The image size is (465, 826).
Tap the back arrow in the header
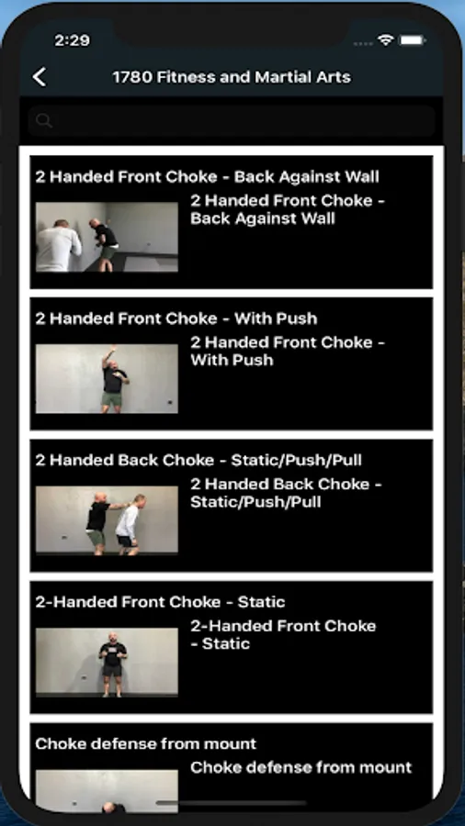40,77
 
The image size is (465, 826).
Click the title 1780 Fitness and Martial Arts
232,77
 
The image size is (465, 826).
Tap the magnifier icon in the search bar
44,121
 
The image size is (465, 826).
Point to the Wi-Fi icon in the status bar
387,40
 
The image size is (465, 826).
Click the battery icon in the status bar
413,40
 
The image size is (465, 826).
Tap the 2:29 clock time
73,40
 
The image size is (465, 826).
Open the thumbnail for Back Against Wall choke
107,237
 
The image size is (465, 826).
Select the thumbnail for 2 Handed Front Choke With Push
107,379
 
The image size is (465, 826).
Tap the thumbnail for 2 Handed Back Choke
107,520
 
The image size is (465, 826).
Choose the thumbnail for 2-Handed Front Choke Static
107,662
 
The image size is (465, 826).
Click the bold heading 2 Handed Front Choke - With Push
176,318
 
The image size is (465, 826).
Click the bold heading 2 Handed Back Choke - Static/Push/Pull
198,461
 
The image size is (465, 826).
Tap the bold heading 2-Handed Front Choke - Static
160,602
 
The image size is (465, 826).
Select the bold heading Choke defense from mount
146,743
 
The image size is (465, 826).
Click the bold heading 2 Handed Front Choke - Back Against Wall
207,177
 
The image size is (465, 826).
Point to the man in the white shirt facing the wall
59,246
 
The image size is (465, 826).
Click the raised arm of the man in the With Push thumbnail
108,356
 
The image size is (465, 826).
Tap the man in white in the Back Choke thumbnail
129,525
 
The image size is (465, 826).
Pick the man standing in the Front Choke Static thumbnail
112,664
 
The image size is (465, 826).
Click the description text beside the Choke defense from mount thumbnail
301,767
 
